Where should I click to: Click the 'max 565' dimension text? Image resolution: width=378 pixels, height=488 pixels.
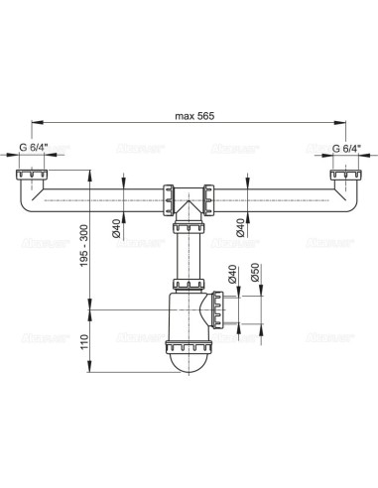189,115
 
